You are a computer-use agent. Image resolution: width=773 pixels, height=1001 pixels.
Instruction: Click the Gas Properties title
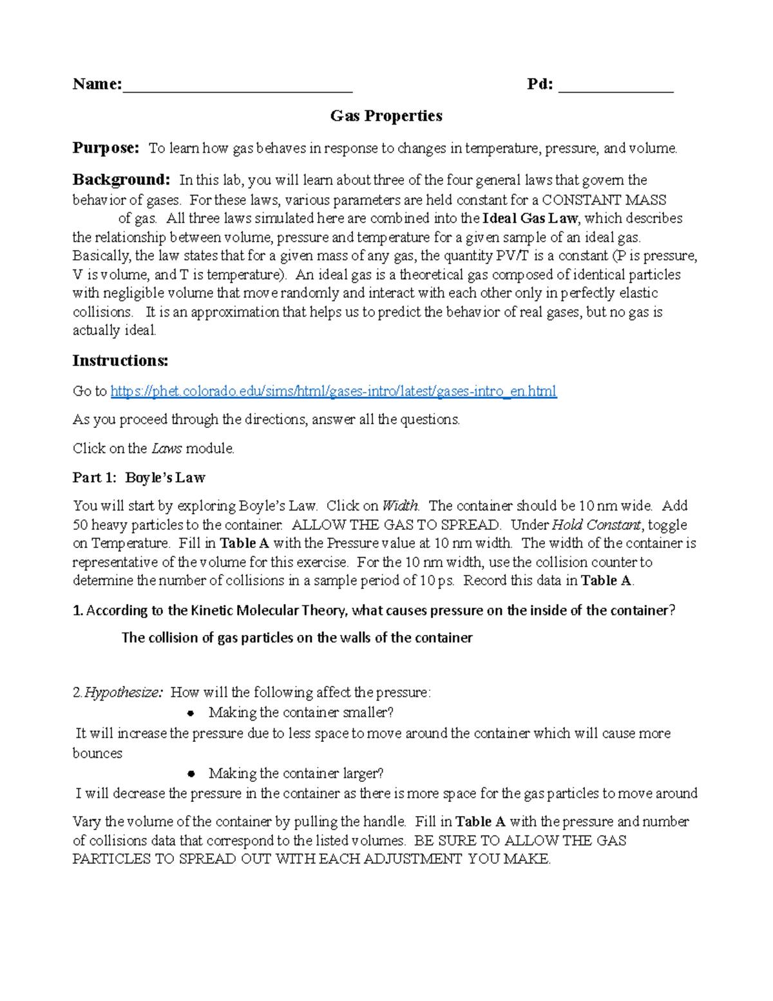[386, 116]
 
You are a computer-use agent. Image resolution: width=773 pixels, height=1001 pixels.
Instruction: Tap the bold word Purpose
[106, 148]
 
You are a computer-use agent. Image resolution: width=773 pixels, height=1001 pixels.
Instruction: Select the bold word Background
[121, 180]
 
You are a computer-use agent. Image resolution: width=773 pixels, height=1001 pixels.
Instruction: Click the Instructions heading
[120, 360]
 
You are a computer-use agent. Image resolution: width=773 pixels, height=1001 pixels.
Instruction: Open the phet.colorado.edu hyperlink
[333, 391]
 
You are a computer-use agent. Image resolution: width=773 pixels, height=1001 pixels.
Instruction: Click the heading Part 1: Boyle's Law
[138, 478]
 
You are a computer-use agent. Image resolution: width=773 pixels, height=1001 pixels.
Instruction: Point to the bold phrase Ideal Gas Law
[530, 219]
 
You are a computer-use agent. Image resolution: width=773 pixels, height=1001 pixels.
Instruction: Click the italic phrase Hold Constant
[596, 525]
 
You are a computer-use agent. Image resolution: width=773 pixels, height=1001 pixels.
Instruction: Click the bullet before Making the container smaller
[191, 713]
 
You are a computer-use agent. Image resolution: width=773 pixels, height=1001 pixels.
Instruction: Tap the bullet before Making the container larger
[191, 773]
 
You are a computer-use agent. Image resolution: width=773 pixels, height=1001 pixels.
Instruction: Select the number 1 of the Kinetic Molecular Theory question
[77, 611]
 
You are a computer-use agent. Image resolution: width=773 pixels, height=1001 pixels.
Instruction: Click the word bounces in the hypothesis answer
[97, 753]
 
